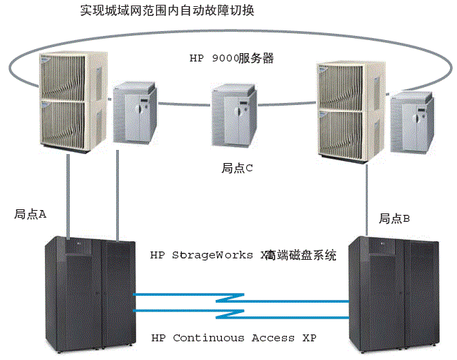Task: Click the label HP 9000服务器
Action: pyautogui.click(x=232, y=59)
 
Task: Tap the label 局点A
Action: pyautogui.click(x=30, y=214)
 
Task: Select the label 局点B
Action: pyautogui.click(x=394, y=218)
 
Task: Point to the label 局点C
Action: pyautogui.click(x=239, y=168)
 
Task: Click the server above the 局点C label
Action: pyautogui.click(x=234, y=117)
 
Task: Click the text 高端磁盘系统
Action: pyautogui.click(x=301, y=255)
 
